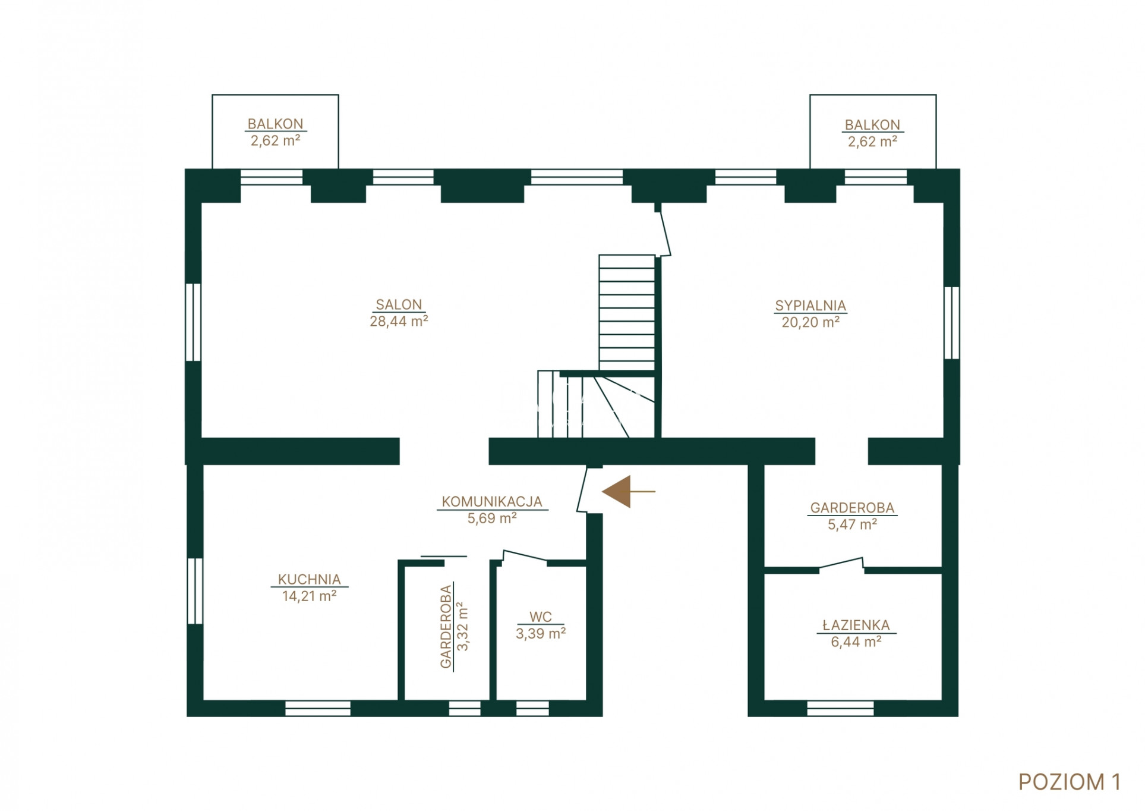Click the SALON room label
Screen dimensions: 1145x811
coord(399,304)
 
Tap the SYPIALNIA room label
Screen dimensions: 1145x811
coord(810,306)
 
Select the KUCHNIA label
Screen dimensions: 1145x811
coord(309,579)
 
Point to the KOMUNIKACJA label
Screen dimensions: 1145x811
coord(492,502)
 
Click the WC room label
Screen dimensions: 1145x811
coord(541,617)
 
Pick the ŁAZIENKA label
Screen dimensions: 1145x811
coord(856,625)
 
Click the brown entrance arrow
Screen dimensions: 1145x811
coord(628,492)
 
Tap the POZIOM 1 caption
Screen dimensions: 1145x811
coord(1070,782)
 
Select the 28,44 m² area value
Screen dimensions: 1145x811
coord(399,321)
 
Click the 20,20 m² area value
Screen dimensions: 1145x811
coord(810,322)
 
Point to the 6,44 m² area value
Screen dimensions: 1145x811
coord(856,642)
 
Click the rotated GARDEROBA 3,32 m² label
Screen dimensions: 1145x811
coord(454,627)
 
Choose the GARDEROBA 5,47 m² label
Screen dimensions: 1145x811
coord(852,516)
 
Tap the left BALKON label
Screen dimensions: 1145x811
coord(275,124)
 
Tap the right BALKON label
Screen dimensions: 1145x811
coord(872,125)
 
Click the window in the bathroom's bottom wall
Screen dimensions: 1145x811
coord(840,708)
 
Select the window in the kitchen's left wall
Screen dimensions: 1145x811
coord(195,590)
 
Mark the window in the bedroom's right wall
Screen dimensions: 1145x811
coord(951,323)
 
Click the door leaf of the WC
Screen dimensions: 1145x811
coord(525,556)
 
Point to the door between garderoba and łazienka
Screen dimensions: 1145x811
coord(841,564)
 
